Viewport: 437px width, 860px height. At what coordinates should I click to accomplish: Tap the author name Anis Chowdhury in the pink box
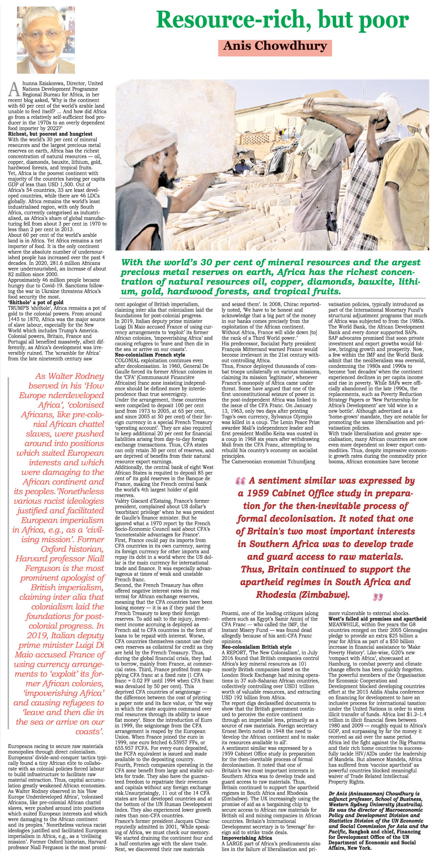pyautogui.click(x=275, y=46)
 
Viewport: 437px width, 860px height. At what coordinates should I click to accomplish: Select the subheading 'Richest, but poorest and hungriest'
pyautogui.click(x=45, y=134)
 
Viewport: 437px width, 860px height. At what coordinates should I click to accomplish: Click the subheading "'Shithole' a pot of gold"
pyautogui.click(x=36, y=302)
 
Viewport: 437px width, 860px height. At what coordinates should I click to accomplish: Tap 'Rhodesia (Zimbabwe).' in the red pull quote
pyautogui.click(x=302, y=595)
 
